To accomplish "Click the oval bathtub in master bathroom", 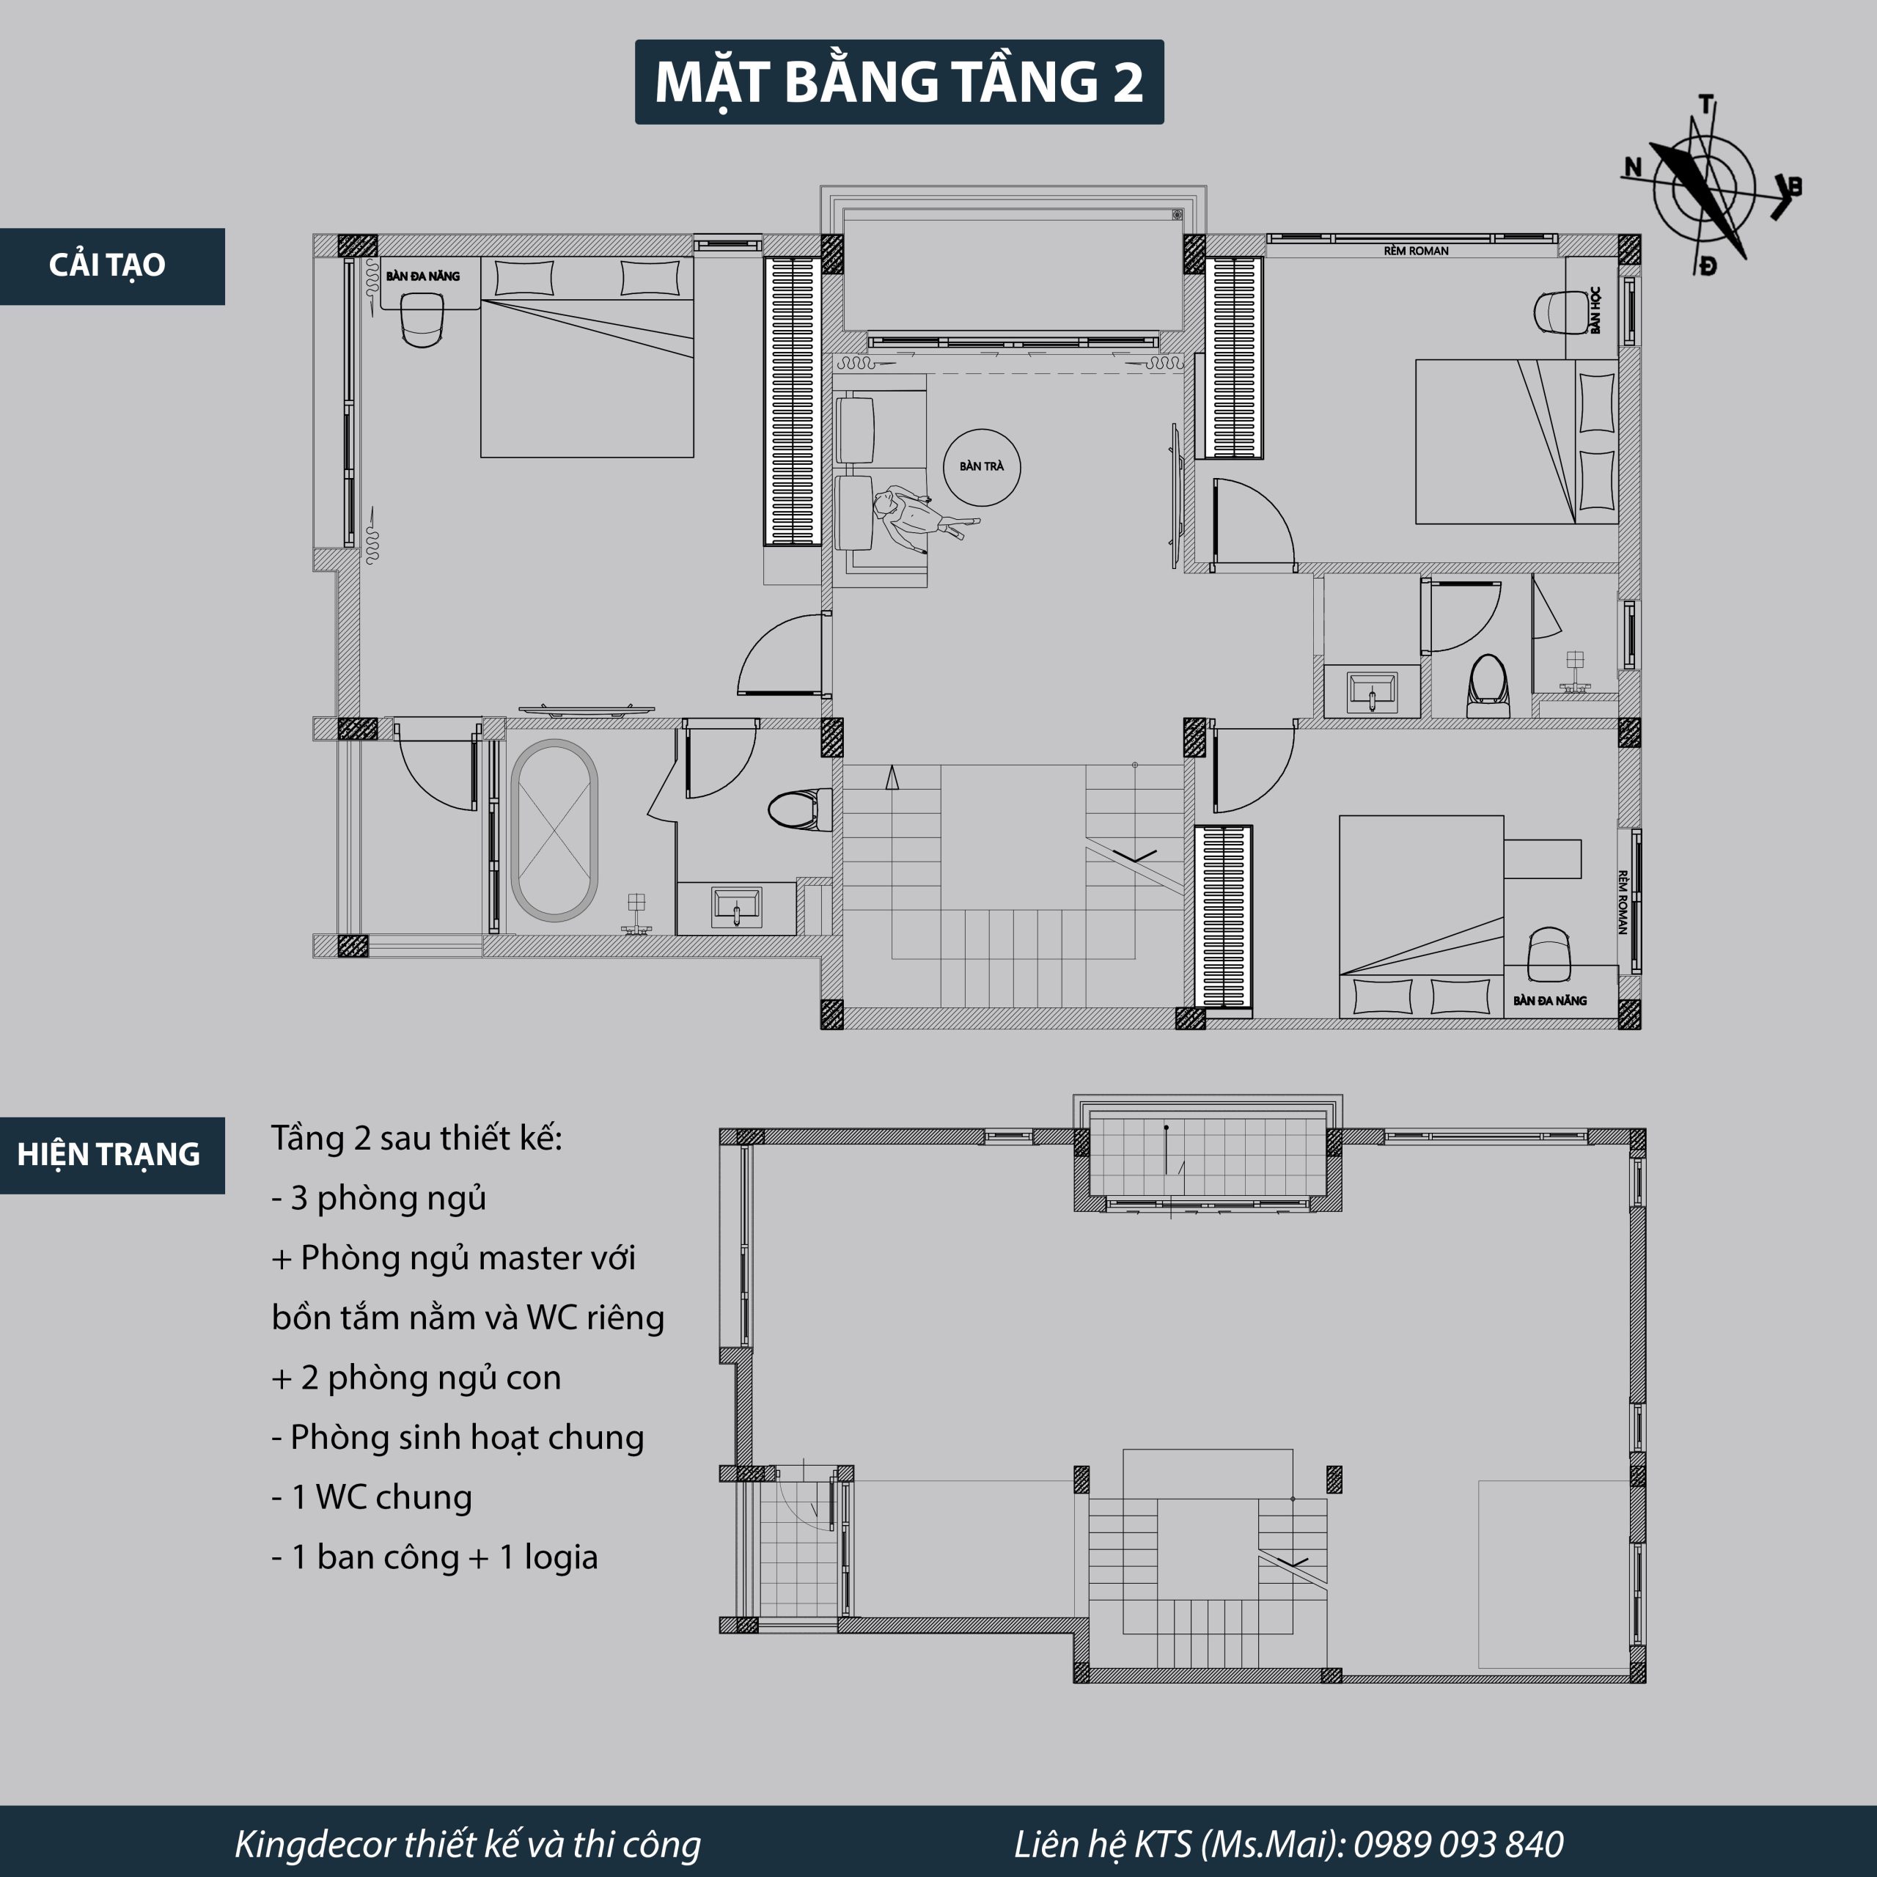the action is [554, 831].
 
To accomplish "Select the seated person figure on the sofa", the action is [918, 514].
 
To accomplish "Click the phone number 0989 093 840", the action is [1458, 1843].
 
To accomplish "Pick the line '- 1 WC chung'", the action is [371, 1497].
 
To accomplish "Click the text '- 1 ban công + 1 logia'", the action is [434, 1557].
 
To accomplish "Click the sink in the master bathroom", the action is [736, 906].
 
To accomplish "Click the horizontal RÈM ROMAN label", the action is [1416, 251].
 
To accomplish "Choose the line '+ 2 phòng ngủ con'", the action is [416, 1378].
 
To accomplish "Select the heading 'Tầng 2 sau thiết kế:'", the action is [416, 1138].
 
